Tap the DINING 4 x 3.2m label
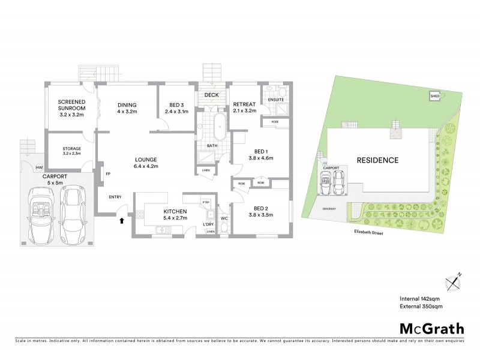pos(127,107)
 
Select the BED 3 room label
pos(176,107)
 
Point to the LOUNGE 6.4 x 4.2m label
pos(146,163)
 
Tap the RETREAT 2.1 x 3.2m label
pos(245,107)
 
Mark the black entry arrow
pos(122,221)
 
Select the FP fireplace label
pos(109,174)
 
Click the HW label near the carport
pos(39,167)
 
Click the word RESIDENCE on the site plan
pos(377,160)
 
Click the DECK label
pos(212,95)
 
